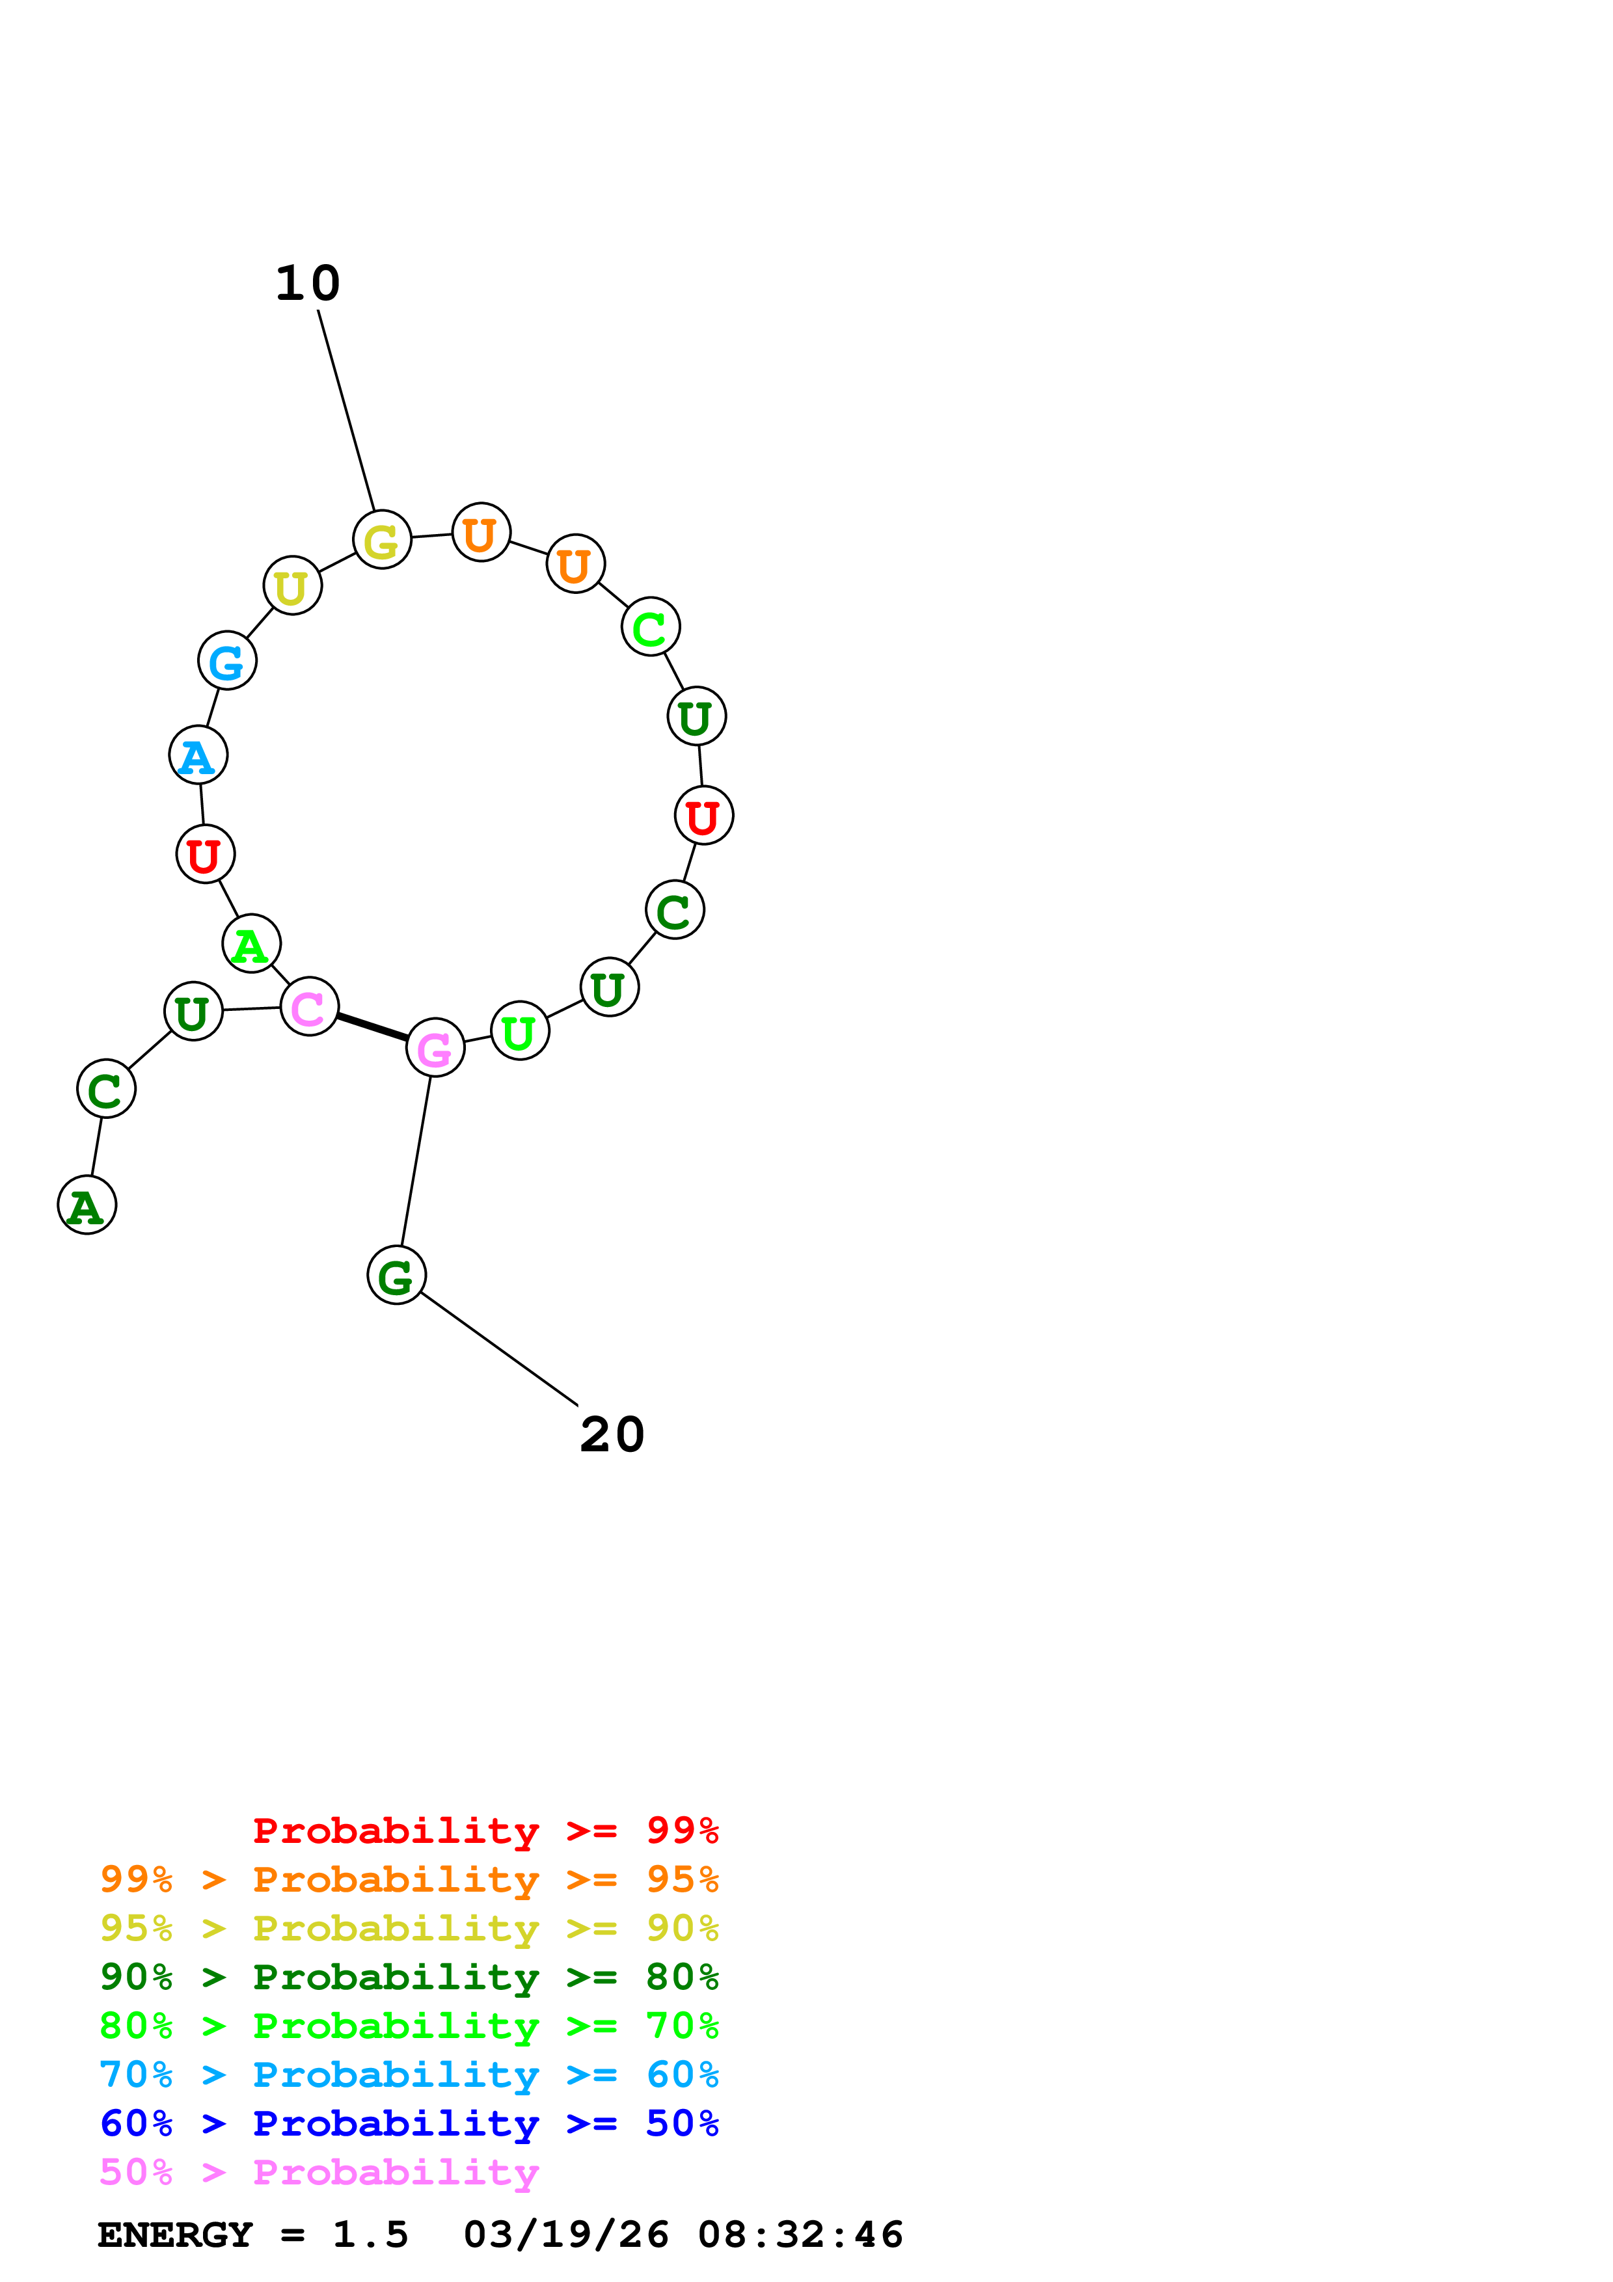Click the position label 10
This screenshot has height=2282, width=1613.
307,284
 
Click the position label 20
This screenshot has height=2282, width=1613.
612,1435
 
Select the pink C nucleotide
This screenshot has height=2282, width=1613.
309,1007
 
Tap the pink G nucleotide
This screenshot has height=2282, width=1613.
435,1047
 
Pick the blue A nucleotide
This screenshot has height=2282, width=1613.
198,755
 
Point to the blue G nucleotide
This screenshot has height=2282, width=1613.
228,661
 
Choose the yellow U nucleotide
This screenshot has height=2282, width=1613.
292,586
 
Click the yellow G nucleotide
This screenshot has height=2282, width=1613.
382,540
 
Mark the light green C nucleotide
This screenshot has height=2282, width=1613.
650,627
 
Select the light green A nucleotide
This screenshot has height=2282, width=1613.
251,944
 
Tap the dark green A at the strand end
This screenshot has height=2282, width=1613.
87,1205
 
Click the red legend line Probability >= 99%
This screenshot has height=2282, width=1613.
485,1831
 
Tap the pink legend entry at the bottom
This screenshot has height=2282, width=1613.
319,2173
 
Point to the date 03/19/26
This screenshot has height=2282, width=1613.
567,2235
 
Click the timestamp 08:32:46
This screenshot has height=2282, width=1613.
800,2235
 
